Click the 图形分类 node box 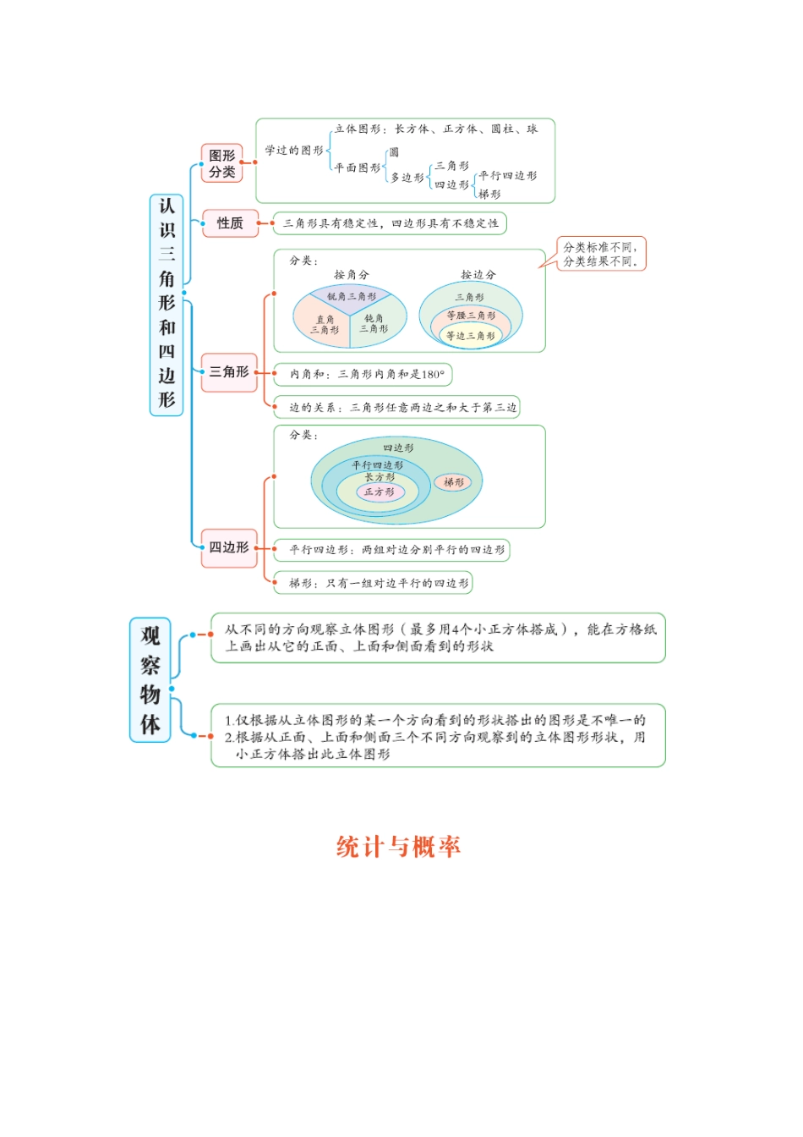(x=221, y=163)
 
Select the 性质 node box (x=230, y=223)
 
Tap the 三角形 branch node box (x=229, y=372)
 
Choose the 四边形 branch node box (x=229, y=547)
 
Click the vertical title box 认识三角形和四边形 (x=167, y=304)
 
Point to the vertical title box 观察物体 (x=150, y=680)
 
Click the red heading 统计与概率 (x=398, y=846)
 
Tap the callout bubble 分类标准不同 (x=601, y=254)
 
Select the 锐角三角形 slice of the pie (x=351, y=296)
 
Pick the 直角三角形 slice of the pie (x=324, y=325)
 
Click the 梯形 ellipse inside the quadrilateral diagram (x=454, y=482)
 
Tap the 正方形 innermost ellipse (x=379, y=492)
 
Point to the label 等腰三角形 (x=471, y=316)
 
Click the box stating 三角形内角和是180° (x=363, y=374)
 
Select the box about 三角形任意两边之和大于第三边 (x=396, y=407)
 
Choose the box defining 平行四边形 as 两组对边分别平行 (x=392, y=550)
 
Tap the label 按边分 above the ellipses (x=478, y=275)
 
